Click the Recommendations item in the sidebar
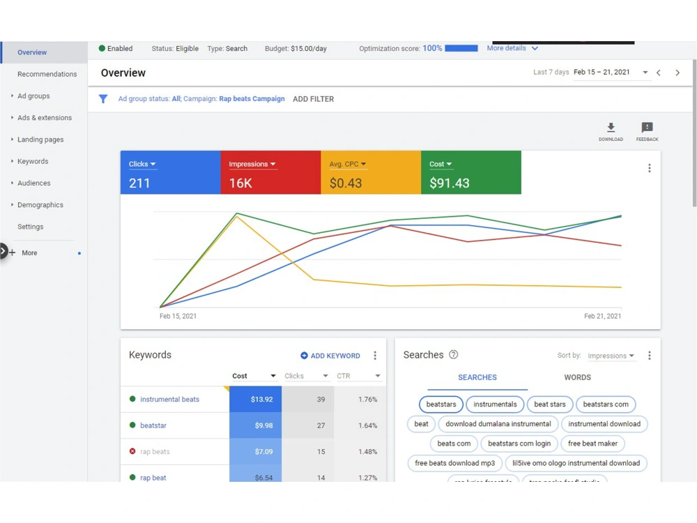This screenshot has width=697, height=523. tap(47, 74)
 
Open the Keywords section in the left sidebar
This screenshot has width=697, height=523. tap(33, 161)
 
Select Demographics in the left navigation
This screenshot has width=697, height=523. tap(40, 204)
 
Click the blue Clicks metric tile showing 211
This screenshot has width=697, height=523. tap(170, 172)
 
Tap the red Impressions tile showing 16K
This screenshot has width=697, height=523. tap(270, 172)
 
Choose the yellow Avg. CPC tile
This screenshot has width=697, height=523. tap(371, 172)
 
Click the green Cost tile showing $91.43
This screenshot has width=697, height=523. tap(471, 172)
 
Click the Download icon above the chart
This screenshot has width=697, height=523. tap(611, 128)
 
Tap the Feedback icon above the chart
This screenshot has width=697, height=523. tap(648, 128)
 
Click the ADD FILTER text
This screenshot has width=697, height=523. tap(314, 99)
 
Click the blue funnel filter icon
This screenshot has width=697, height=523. tap(103, 99)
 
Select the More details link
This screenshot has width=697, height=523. tap(506, 48)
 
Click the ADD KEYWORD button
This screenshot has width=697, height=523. tap(330, 356)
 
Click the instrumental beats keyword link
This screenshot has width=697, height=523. tap(170, 400)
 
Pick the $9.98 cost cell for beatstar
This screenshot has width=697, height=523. tap(256, 425)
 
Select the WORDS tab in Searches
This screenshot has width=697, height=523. tap(577, 377)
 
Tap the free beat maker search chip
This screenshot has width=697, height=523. tap(592, 444)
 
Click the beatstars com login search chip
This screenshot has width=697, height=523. tap(519, 444)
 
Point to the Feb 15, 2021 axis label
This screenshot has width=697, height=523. tap(178, 316)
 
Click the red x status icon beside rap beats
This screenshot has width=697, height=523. tap(132, 451)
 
